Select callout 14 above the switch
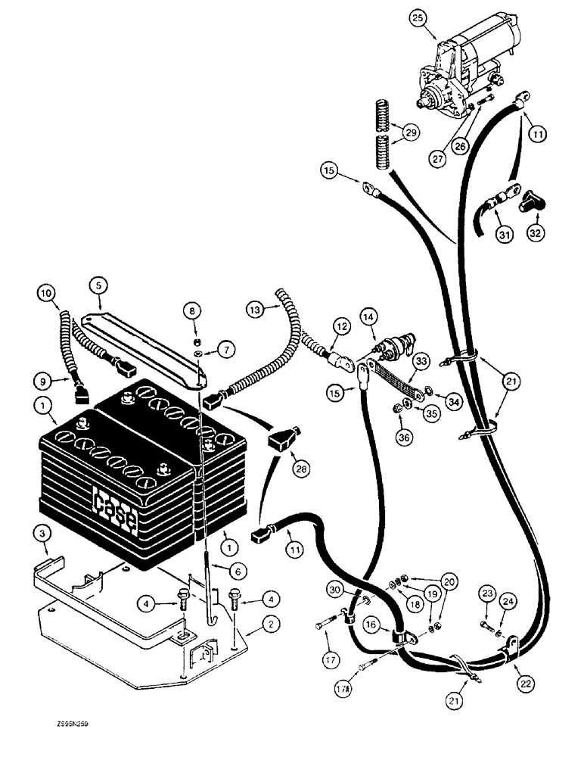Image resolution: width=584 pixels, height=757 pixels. pyautogui.click(x=368, y=316)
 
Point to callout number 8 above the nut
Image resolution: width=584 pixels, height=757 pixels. pyautogui.click(x=193, y=310)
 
